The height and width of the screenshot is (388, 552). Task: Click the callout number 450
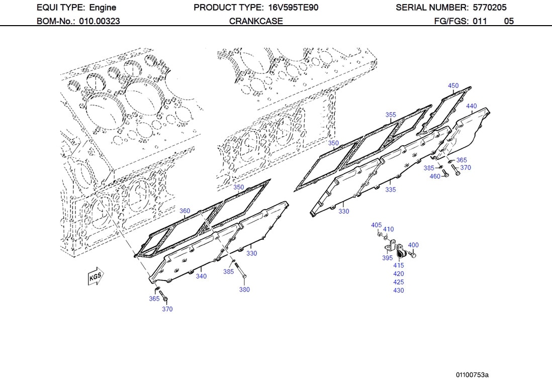[x=453, y=85]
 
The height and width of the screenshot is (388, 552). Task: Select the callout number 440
[x=471, y=106]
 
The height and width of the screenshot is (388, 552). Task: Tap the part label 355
[x=391, y=115]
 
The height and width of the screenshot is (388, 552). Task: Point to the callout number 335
[x=391, y=189]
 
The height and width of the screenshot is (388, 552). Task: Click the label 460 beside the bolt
[x=435, y=176]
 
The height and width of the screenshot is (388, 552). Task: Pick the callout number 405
[x=376, y=225]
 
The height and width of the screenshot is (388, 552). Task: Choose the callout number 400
[x=413, y=245]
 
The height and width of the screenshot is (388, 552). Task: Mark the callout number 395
[x=387, y=258]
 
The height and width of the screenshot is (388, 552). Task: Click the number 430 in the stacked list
[x=398, y=290]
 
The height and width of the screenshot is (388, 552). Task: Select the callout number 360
[x=185, y=211]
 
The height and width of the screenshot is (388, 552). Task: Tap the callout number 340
[x=201, y=276]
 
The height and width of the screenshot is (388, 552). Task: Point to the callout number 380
[x=244, y=289]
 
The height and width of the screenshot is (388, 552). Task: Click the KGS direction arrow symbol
[x=95, y=276]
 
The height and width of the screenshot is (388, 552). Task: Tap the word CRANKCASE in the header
[x=256, y=21]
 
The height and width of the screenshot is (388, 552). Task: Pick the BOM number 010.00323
[x=99, y=21]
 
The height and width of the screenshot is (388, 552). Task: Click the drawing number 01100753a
[x=472, y=375]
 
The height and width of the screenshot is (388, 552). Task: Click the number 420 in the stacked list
[x=398, y=274]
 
